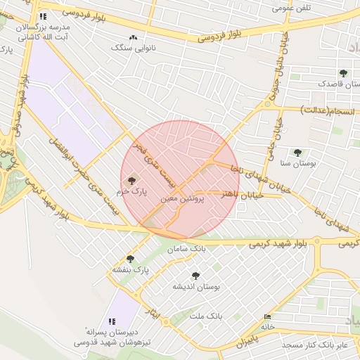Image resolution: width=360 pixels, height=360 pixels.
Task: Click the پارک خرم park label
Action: (x=134, y=191)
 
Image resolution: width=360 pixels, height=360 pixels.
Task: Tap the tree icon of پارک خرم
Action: (x=134, y=181)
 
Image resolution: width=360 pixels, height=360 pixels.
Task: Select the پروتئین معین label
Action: (x=182, y=200)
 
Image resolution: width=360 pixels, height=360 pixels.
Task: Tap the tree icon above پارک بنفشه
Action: (x=130, y=259)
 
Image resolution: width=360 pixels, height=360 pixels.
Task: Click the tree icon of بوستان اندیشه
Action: (x=195, y=276)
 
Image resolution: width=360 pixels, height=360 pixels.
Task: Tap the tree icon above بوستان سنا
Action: (x=297, y=153)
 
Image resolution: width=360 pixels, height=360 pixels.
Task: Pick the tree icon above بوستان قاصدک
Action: (x=343, y=73)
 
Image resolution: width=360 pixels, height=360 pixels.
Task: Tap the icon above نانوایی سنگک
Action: (x=133, y=38)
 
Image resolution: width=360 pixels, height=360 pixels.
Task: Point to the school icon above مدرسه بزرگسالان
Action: (x=44, y=16)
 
